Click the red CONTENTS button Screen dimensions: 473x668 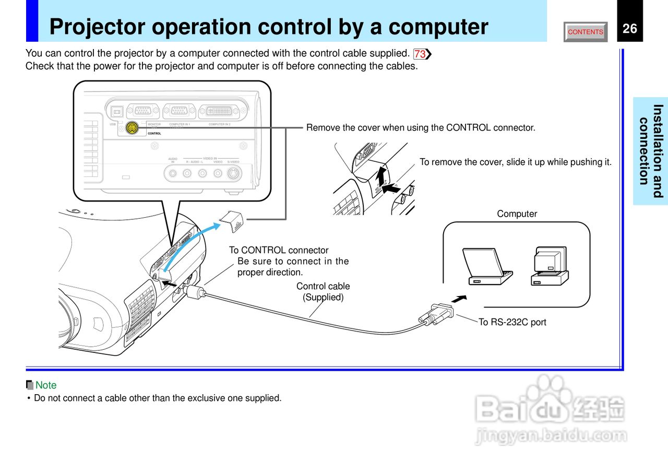tap(586, 32)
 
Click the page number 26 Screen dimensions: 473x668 tap(630, 28)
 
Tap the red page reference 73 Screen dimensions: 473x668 tap(421, 54)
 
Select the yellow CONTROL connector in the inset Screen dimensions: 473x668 tap(133, 128)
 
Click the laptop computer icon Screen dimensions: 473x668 tap(486, 266)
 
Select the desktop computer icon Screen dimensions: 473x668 tap(550, 266)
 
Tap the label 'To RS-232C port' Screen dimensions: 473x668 tap(512, 322)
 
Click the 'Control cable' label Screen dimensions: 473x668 tap(323, 286)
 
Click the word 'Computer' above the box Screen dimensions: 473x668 tap(517, 214)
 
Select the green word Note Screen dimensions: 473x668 tap(46, 385)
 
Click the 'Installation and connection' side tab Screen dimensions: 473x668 tap(651, 151)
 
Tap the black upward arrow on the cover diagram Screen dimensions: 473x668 tap(382, 176)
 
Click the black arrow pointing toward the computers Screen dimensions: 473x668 tap(459, 299)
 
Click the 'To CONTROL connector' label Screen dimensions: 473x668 tap(279, 250)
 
